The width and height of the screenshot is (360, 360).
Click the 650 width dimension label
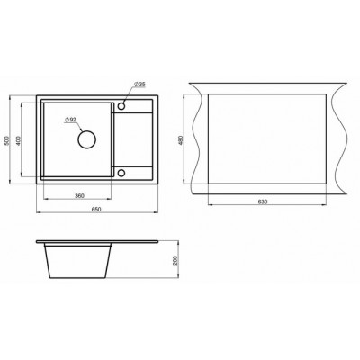coord(97,210)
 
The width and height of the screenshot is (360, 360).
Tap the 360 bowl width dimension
coord(79,196)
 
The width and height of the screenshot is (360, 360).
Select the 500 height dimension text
coord(8,140)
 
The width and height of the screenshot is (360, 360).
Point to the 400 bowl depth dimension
coord(18,140)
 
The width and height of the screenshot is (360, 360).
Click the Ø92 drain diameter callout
coord(70,120)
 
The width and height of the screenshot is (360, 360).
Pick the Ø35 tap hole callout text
coord(139,85)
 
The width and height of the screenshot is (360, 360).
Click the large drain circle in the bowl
coord(87,139)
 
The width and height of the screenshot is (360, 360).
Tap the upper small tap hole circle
coord(121,106)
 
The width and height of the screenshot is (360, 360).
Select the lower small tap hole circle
coord(121,173)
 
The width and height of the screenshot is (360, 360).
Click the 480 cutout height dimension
coord(180,139)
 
